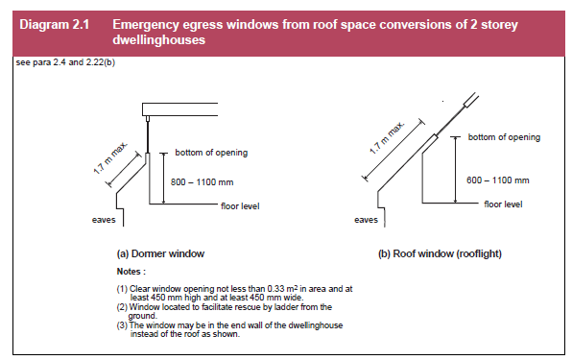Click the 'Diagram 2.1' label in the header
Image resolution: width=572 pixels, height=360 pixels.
(x=55, y=24)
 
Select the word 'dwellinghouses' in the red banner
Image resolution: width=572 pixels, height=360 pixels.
(x=158, y=39)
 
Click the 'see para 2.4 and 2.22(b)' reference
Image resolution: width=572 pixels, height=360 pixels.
(x=65, y=62)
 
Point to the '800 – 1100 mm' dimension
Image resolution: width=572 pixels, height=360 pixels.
(x=202, y=182)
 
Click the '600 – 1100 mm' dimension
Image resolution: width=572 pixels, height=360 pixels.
(x=497, y=180)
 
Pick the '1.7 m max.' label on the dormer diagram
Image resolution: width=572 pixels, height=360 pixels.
(x=109, y=158)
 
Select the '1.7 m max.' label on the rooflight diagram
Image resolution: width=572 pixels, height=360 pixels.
(x=387, y=138)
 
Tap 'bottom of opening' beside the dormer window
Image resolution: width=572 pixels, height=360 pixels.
(x=211, y=153)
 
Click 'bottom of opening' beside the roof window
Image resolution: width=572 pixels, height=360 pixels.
(x=504, y=137)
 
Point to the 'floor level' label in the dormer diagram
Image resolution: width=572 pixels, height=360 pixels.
(x=240, y=206)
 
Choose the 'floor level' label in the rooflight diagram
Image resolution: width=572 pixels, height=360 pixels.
(x=503, y=204)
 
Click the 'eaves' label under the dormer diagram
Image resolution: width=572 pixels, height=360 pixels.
(x=104, y=220)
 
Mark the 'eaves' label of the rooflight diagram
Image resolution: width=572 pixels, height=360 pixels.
(x=366, y=220)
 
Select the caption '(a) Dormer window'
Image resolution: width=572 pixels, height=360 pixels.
(x=160, y=253)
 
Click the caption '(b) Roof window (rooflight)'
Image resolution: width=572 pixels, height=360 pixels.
(x=440, y=253)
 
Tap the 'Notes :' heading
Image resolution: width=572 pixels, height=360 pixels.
(x=131, y=272)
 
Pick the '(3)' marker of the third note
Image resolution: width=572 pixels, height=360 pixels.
(x=122, y=325)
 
